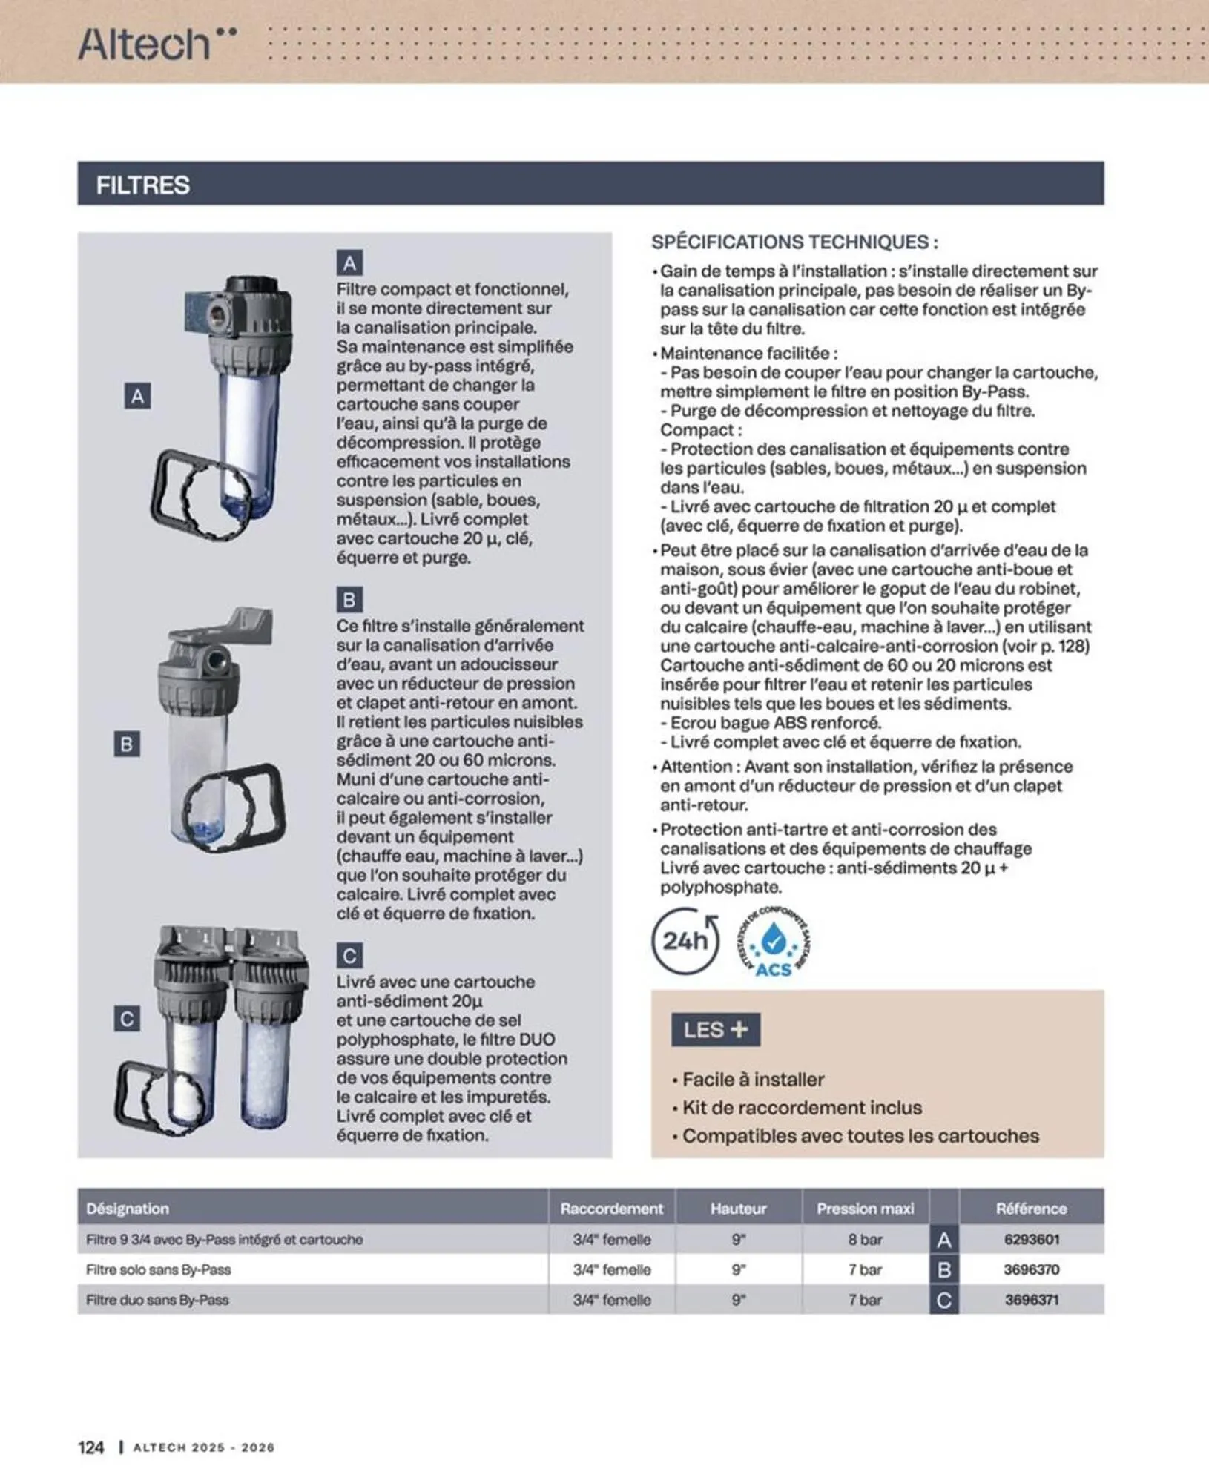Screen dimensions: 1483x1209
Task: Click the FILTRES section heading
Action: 143,185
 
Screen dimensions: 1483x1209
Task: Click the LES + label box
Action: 715,1030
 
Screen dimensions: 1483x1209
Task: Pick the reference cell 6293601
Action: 1031,1239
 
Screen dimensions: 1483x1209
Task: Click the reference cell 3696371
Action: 1031,1300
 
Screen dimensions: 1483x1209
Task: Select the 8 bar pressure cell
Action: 865,1239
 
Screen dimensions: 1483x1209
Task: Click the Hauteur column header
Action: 738,1209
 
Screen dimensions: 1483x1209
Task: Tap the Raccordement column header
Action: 611,1209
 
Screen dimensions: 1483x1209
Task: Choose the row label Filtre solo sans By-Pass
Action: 159,1269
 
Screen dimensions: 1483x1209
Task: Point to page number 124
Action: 90,1447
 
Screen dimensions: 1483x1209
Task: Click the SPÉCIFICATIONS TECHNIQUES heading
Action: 794,242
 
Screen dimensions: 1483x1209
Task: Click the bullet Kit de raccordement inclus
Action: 801,1108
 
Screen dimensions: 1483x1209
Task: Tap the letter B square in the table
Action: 943,1269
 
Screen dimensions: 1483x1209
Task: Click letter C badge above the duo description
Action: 349,956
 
